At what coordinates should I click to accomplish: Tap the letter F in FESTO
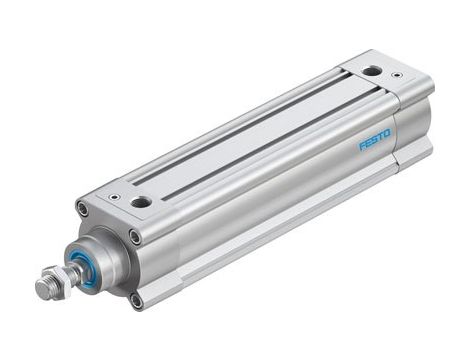tap(362, 146)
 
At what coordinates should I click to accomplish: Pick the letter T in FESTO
tap(382, 136)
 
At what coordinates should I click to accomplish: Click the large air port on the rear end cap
tap(372, 71)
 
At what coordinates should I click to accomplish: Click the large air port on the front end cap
tap(141, 202)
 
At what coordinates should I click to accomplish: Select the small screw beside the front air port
tap(113, 197)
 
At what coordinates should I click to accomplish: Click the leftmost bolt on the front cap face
tap(82, 208)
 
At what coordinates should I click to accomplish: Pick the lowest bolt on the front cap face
tap(136, 298)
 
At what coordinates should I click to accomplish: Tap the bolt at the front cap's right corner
tap(134, 236)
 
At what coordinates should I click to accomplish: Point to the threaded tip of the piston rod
tap(41, 289)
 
